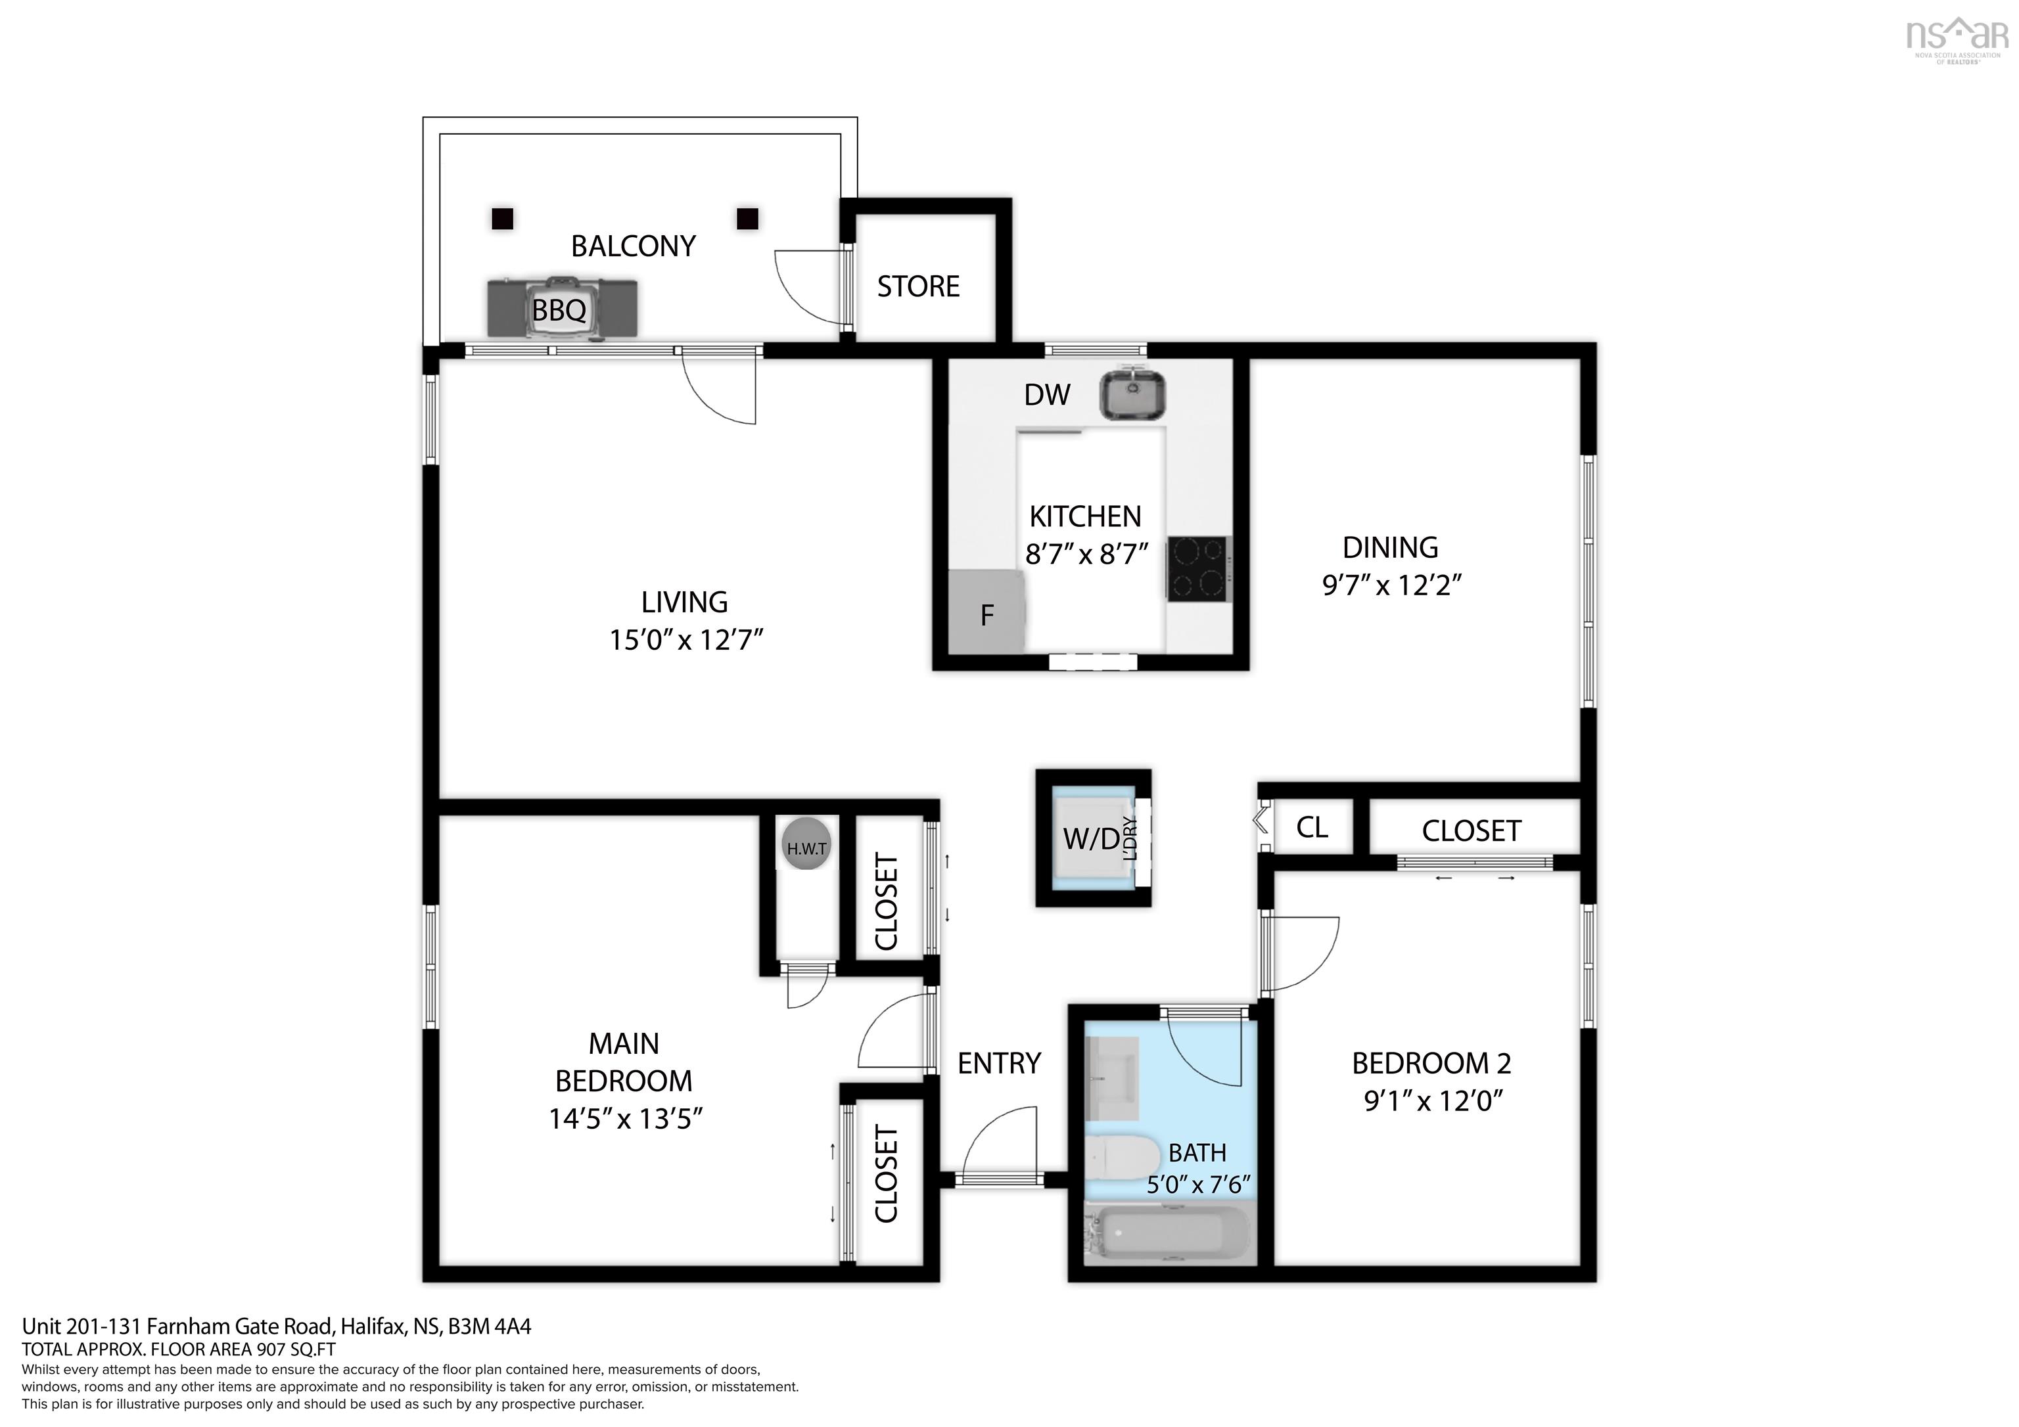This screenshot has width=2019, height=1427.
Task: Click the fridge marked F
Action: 986,613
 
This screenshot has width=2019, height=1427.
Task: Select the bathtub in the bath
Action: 1167,1234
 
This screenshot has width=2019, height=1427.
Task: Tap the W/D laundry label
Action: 1091,838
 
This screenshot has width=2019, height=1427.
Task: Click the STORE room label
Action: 917,286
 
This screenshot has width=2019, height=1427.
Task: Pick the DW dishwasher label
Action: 1046,395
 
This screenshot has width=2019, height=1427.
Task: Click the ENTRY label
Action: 998,1063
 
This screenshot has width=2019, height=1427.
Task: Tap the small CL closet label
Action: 1311,827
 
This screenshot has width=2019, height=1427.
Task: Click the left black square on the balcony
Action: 502,218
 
